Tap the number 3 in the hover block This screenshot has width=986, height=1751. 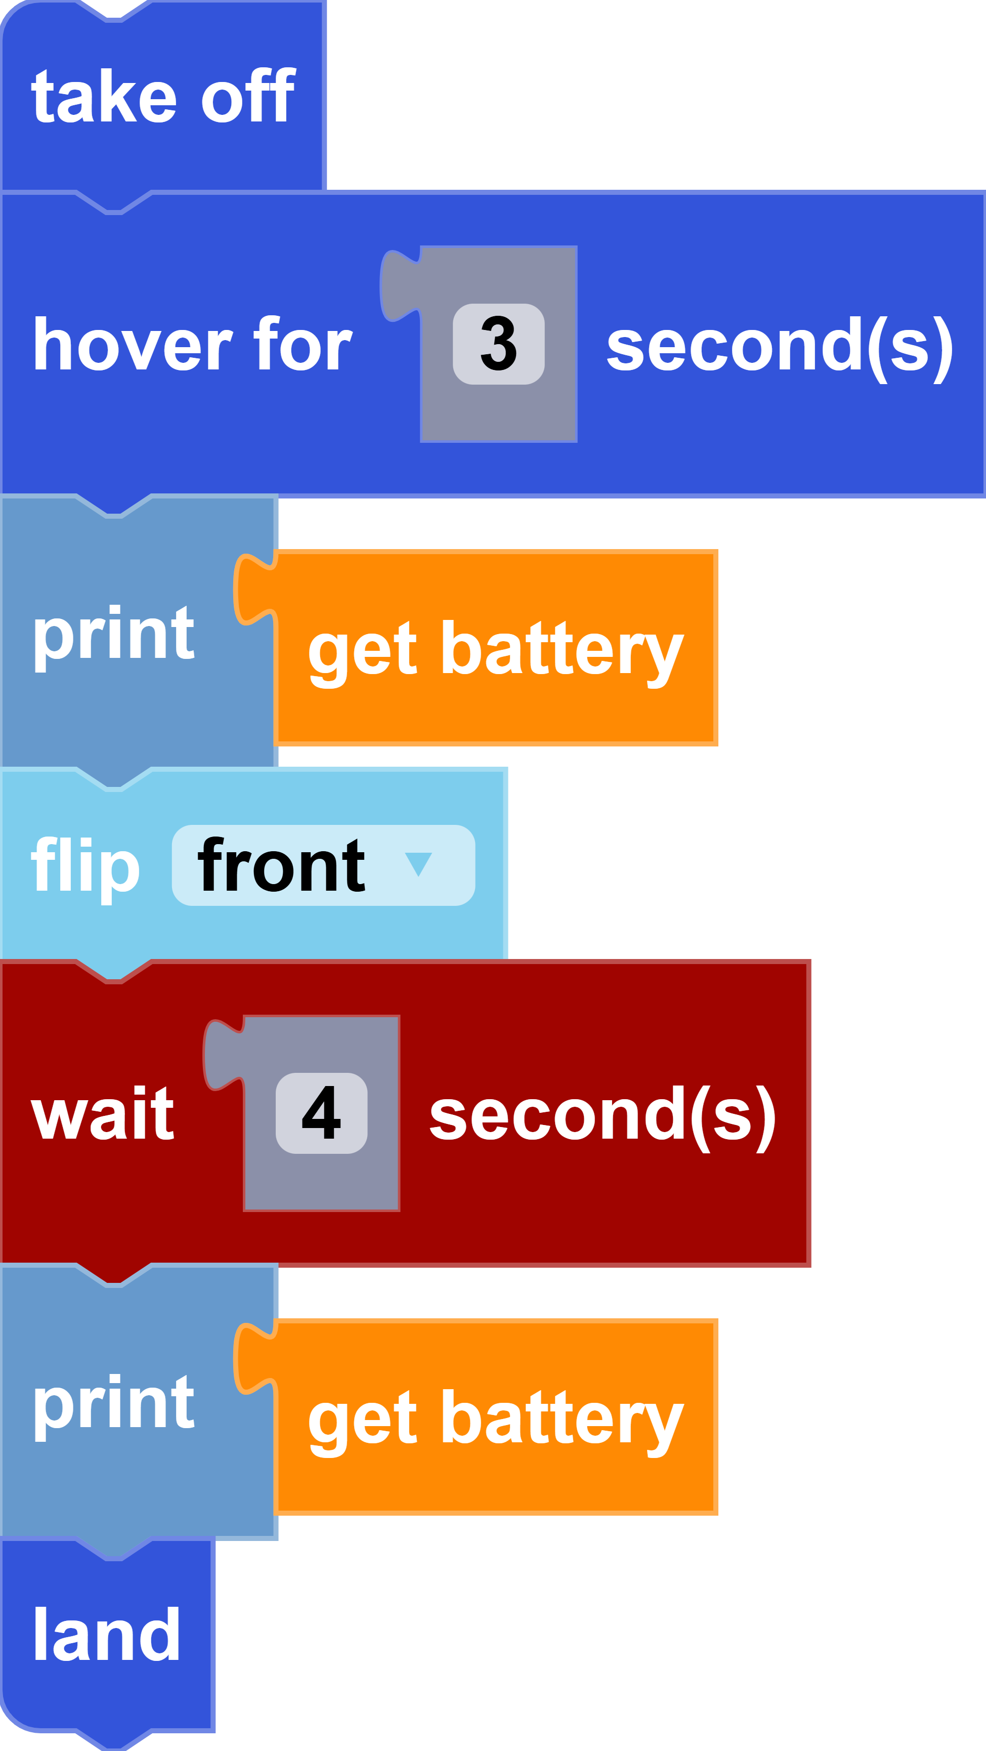tap(498, 344)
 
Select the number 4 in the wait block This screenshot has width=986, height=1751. tap(321, 1113)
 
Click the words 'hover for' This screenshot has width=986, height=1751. tap(192, 345)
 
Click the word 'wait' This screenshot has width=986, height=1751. tap(103, 1113)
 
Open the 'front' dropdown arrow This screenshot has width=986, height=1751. tap(418, 864)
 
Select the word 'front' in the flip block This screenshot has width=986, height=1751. tap(281, 865)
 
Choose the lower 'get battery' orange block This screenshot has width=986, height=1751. tap(495, 1418)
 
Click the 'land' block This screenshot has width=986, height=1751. tap(107, 1634)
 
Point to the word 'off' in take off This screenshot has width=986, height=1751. tap(247, 97)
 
